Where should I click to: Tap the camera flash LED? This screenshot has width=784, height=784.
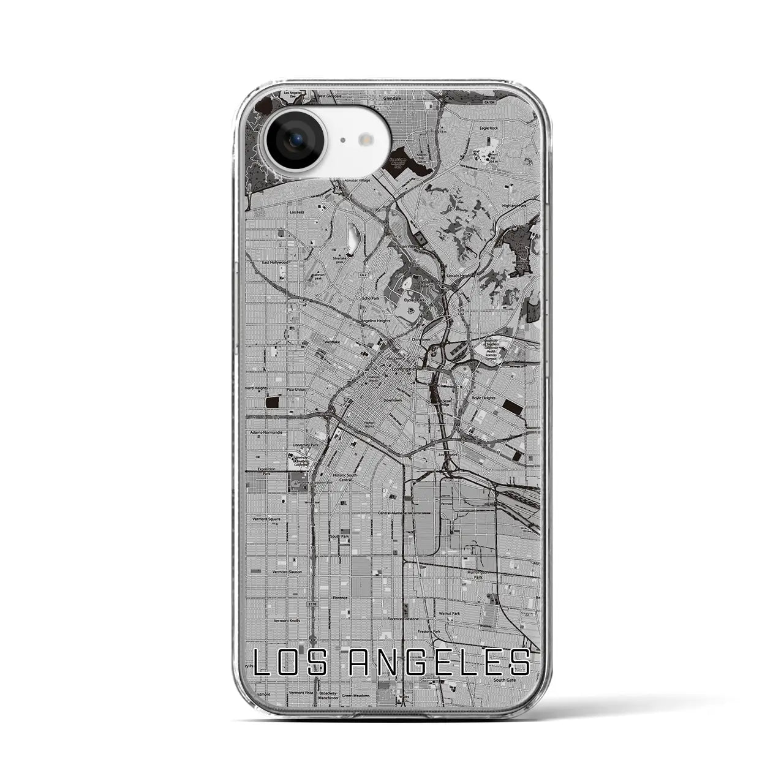tap(367, 140)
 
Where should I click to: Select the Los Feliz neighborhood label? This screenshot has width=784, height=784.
tap(296, 212)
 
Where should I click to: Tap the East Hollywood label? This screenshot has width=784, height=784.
tap(274, 262)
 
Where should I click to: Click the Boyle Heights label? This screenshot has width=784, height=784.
tap(483, 398)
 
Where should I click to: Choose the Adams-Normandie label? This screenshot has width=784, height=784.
tap(266, 432)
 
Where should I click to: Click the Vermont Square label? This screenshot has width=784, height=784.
tap(266, 519)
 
